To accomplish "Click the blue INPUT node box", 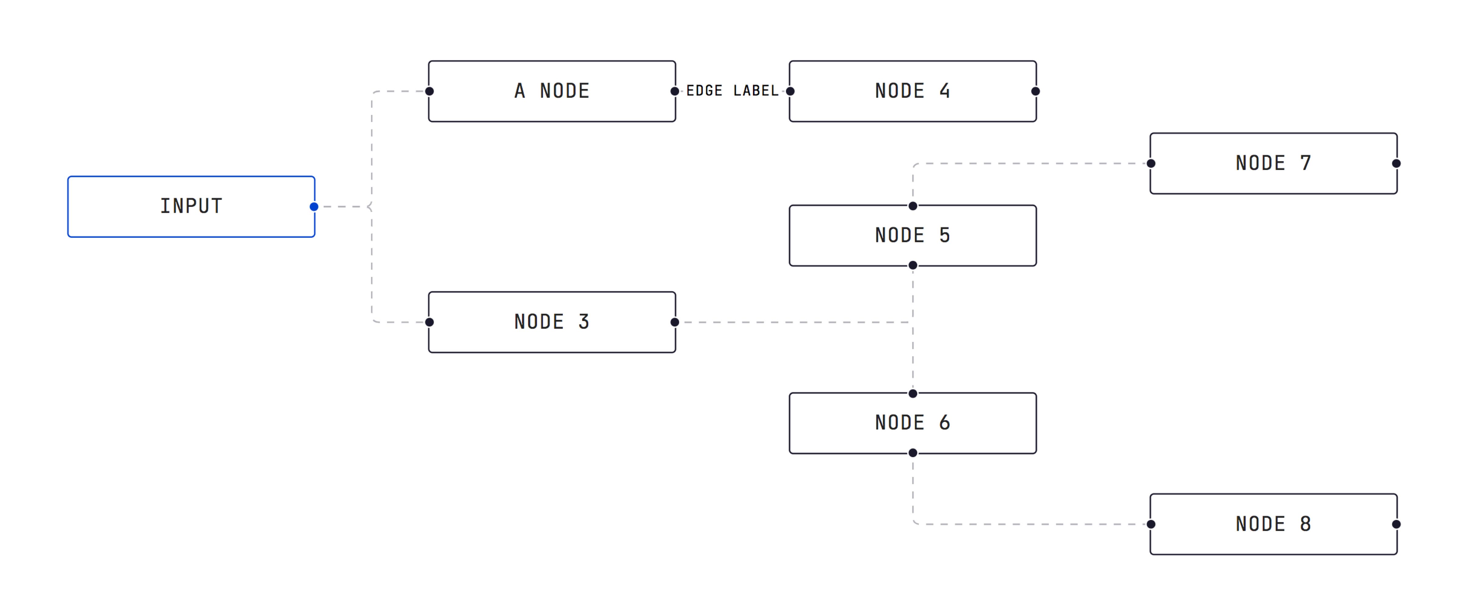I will [x=191, y=206].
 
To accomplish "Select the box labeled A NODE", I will [x=552, y=91].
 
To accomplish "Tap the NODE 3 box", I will [x=552, y=322].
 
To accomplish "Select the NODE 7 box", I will [x=1273, y=163].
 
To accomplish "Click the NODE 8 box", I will [x=1273, y=524].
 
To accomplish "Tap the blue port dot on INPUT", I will [x=314, y=206].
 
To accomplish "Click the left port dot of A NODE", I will [x=430, y=91].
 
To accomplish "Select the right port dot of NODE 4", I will [x=1035, y=91].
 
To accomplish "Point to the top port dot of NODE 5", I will [x=913, y=206].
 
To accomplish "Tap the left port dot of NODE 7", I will [x=1151, y=163].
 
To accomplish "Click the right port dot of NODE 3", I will [x=675, y=322].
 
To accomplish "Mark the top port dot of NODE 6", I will [x=913, y=393].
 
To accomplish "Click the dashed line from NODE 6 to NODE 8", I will [x=1023, y=524].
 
